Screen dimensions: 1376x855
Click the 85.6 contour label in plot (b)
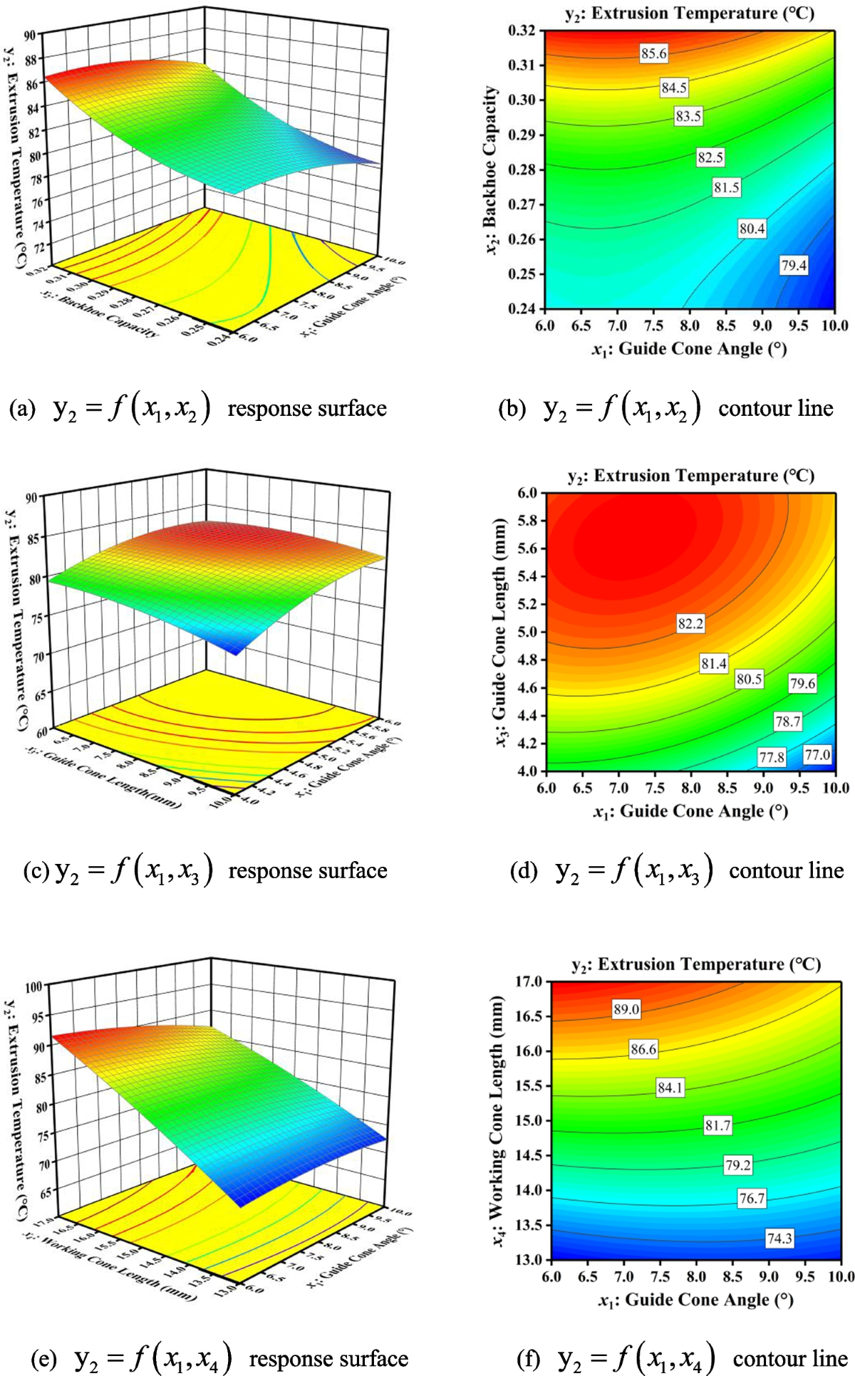[653, 53]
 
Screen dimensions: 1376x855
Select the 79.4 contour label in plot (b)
[793, 266]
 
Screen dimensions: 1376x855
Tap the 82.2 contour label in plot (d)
[690, 624]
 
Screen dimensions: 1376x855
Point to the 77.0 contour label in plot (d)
[817, 754]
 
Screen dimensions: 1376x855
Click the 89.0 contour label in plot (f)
[626, 1009]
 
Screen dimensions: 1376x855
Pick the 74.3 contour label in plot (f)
[779, 1239]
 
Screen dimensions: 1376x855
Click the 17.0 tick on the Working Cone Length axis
[528, 981]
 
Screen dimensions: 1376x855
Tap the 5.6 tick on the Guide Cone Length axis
[528, 548]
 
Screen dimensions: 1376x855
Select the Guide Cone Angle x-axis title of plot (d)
[690, 811]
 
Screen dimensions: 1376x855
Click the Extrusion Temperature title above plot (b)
[689, 13]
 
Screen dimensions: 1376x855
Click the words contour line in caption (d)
[786, 870]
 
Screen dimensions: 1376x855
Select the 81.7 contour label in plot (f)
[717, 1125]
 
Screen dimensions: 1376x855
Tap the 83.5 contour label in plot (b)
[688, 116]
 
